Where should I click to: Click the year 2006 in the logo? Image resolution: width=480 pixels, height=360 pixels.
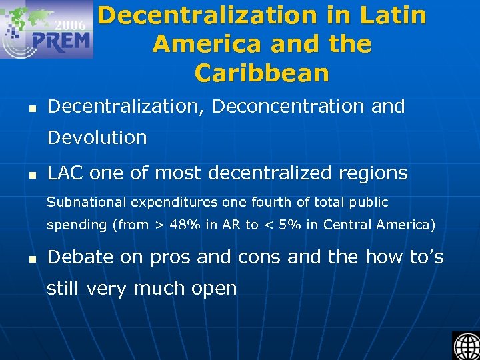[x=70, y=25]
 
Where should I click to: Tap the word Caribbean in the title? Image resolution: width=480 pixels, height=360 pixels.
[x=262, y=73]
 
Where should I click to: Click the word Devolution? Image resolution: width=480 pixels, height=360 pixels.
[x=97, y=137]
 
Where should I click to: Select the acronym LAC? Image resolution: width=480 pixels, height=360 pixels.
[x=65, y=173]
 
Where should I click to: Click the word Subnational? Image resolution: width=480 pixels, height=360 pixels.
[x=87, y=201]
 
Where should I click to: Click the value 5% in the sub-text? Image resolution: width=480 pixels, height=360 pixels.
[x=292, y=225]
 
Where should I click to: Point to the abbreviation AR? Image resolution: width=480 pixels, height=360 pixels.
[x=231, y=225]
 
